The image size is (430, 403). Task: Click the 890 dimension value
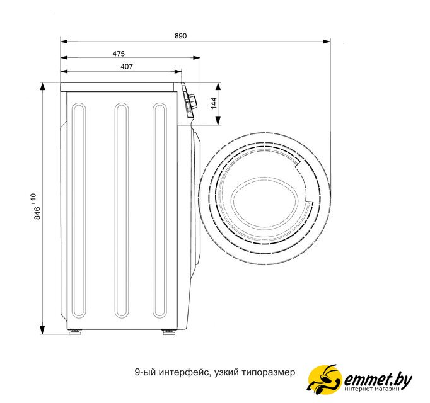pyautogui.click(x=181, y=36)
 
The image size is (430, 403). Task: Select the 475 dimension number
pyautogui.click(x=119, y=54)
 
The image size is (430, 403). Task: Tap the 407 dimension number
pyautogui.click(x=127, y=67)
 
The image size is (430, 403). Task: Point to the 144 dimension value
pyautogui.click(x=214, y=103)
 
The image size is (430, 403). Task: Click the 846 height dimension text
pyautogui.click(x=37, y=213)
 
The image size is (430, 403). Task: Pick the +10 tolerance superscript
pyautogui.click(x=33, y=200)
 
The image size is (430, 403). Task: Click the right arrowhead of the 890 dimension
pyautogui.click(x=327, y=42)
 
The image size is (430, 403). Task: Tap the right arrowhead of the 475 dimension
pyautogui.click(x=197, y=58)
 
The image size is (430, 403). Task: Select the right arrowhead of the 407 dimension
pyautogui.click(x=178, y=72)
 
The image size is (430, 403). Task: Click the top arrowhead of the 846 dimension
pyautogui.click(x=42, y=87)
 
